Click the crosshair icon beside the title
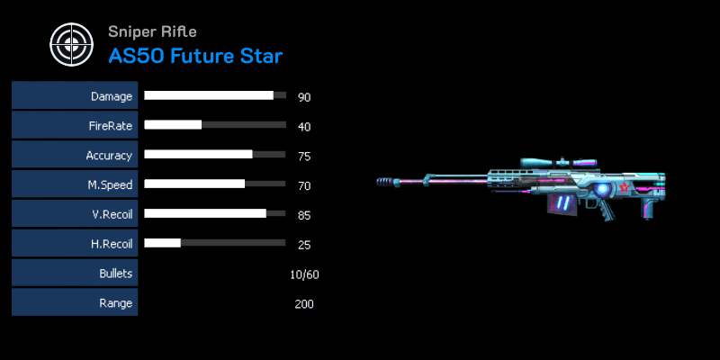72,44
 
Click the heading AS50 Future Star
195,56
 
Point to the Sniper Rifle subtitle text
152,31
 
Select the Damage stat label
112,96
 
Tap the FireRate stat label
111,126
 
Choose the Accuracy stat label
109,155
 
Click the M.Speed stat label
110,184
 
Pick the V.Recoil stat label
111,214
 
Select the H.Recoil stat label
111,244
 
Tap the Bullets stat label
116,274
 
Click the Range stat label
116,303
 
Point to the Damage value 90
304,97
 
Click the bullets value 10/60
304,274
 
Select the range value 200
304,304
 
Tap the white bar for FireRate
173,124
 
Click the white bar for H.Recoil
163,242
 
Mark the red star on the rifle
624,187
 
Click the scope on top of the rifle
558,163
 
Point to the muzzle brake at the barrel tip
388,182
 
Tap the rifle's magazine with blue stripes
561,202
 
